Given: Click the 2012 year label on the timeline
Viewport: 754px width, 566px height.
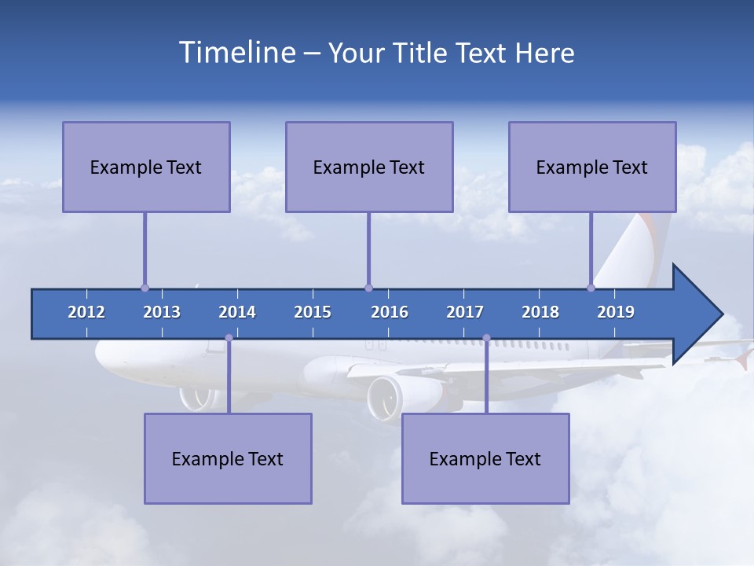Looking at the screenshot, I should tap(86, 312).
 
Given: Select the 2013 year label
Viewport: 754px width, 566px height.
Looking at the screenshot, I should tap(162, 312).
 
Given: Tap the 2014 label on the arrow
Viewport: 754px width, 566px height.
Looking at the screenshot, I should tap(237, 312).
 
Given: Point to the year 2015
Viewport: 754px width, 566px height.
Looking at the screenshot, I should tap(313, 312).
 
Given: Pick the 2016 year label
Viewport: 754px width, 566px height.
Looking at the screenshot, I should tap(390, 312).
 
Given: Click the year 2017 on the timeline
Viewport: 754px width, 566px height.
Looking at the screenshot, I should tap(465, 312).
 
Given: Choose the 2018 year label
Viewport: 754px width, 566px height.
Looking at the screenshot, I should tap(540, 312).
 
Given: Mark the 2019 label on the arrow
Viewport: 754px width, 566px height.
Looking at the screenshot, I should tap(616, 312).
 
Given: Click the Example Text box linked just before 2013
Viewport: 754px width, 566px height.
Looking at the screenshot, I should tap(146, 167).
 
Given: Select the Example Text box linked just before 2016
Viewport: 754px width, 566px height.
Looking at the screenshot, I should tap(369, 167).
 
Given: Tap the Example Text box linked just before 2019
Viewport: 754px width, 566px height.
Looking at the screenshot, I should tap(592, 167).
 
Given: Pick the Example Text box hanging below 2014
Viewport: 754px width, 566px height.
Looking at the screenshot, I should tap(228, 458).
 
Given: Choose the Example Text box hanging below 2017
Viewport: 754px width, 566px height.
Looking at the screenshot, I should tap(485, 458).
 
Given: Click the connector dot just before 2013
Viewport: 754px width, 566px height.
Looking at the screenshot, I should tap(145, 288).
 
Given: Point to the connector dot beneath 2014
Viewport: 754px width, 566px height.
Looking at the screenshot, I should tap(229, 338).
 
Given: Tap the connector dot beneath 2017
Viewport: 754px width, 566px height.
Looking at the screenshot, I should tap(486, 338).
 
